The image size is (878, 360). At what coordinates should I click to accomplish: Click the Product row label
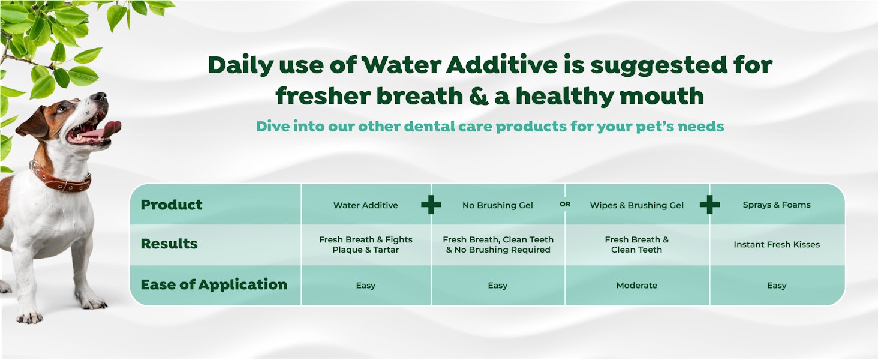(172, 205)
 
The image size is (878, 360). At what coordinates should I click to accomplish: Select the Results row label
(169, 244)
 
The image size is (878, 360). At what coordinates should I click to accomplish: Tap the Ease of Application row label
(214, 284)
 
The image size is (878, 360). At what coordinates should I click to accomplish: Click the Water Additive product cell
(366, 205)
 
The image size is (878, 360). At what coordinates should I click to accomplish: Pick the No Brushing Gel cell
(497, 205)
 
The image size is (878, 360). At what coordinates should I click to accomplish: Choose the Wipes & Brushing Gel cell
(636, 205)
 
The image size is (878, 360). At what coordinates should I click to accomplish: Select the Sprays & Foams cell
(777, 205)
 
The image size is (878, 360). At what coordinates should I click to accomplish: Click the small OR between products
(565, 204)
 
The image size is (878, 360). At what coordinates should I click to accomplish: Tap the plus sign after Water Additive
(431, 205)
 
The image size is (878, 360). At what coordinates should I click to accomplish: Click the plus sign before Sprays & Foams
(710, 205)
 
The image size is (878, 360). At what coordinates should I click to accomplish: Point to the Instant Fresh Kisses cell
(777, 244)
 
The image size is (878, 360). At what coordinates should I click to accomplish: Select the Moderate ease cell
(636, 285)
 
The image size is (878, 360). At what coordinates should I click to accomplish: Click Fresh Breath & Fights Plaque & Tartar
(366, 244)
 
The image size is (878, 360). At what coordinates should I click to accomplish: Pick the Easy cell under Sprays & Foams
(777, 286)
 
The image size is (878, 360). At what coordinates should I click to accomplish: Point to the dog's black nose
(100, 96)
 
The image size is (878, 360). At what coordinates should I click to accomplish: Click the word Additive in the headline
(501, 65)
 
